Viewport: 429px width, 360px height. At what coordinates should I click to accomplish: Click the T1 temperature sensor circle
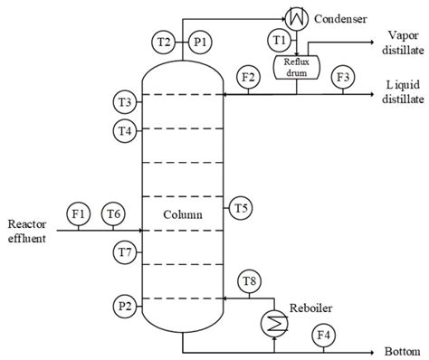280,40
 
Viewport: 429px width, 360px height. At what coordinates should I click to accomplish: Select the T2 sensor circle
164,42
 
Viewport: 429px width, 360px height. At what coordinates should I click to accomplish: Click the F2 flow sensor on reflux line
246,78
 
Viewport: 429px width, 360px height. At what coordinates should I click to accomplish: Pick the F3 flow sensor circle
343,78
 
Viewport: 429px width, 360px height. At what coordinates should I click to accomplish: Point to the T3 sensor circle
126,100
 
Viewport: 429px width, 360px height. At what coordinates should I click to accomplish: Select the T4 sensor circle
126,130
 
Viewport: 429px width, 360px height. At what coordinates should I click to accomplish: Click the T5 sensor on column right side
241,208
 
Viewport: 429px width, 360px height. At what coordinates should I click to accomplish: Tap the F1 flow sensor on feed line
79,213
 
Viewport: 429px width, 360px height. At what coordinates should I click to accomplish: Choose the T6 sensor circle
113,213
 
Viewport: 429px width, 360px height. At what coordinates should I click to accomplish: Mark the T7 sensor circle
126,250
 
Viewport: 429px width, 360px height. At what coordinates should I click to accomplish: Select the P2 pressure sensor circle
126,306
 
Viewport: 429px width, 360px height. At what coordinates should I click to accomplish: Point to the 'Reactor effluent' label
26,232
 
